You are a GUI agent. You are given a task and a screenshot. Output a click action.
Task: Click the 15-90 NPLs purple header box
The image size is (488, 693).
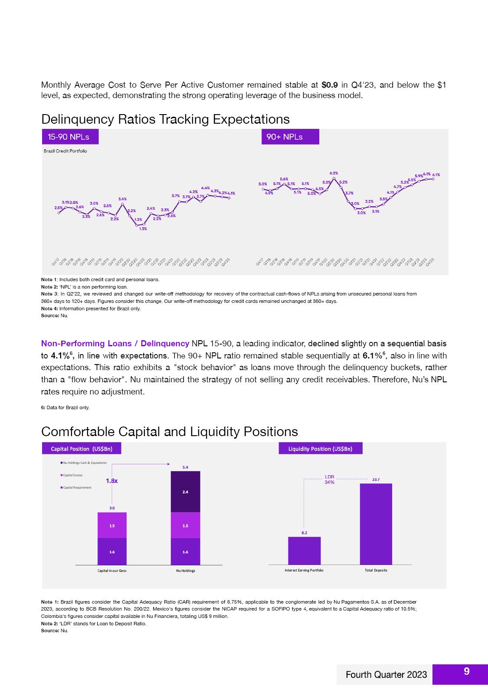click(x=70, y=137)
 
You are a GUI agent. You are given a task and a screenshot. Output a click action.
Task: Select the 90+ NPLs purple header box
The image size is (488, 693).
click(x=290, y=137)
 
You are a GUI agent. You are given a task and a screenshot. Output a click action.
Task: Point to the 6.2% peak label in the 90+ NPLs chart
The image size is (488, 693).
click(x=334, y=173)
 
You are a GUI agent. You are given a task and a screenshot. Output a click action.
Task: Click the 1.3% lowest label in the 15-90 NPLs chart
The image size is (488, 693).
click(x=143, y=229)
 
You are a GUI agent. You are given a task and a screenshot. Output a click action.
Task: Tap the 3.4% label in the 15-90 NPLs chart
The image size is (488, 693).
click(x=123, y=199)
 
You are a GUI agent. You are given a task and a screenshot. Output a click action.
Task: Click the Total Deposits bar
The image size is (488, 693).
click(x=376, y=524)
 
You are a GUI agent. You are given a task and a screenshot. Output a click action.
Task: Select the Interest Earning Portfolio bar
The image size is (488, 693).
click(x=304, y=550)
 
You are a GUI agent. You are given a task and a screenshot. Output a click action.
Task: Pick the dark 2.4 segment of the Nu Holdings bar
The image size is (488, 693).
click(x=185, y=492)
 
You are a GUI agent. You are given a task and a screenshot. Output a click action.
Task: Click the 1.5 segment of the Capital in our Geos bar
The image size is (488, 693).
click(x=112, y=525)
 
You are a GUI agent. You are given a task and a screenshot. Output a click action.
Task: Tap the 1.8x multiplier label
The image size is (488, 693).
click(x=112, y=481)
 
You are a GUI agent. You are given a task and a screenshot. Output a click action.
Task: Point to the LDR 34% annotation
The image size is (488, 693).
click(x=330, y=480)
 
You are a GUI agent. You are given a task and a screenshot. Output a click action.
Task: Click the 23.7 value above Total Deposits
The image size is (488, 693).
click(x=376, y=480)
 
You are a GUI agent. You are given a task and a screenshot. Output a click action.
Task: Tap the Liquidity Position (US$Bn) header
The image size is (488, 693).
click(x=320, y=449)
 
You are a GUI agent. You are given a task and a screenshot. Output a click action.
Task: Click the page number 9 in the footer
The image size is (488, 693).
click(x=466, y=671)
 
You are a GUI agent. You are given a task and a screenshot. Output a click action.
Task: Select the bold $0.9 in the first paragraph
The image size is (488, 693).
click(x=330, y=85)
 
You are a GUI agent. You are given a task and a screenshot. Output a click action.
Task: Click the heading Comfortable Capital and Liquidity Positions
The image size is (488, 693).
click(x=170, y=431)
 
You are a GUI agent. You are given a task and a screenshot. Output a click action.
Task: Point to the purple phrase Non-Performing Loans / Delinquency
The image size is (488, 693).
click(x=115, y=344)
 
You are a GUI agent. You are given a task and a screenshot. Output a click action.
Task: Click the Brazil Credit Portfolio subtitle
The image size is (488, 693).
click(x=66, y=151)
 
